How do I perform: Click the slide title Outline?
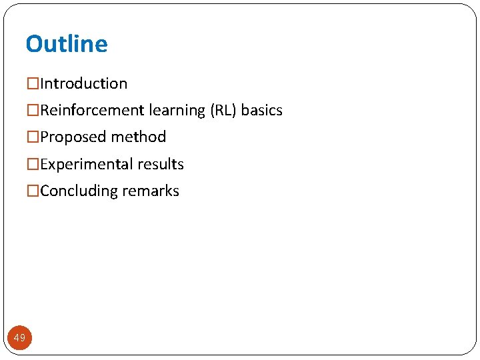point(66,44)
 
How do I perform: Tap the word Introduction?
point(84,84)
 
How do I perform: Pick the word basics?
point(262,111)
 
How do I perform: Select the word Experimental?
point(87,165)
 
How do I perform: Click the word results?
point(161,165)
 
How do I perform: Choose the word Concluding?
point(79,191)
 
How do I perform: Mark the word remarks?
point(151,191)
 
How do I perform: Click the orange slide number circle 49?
point(19,338)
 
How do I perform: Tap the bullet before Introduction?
point(33,84)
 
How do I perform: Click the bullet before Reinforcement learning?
point(33,111)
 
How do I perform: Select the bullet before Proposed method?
point(33,137)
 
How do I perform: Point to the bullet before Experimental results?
point(33,165)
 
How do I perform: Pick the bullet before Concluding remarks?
point(33,191)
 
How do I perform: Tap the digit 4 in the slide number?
point(17,338)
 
